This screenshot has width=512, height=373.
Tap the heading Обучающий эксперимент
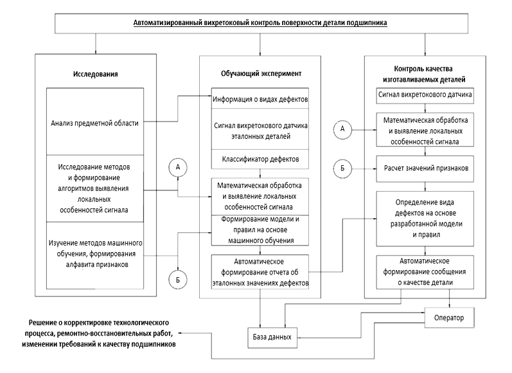click(x=260, y=73)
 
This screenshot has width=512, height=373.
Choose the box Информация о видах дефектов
click(x=260, y=100)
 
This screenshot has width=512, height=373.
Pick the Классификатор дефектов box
click(x=260, y=158)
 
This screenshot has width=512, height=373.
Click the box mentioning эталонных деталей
click(x=260, y=131)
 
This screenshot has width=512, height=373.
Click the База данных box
click(x=272, y=336)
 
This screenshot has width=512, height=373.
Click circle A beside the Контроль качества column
click(x=342, y=129)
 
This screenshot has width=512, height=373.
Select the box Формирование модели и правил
click(x=260, y=230)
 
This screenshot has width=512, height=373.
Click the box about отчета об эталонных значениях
click(x=260, y=272)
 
